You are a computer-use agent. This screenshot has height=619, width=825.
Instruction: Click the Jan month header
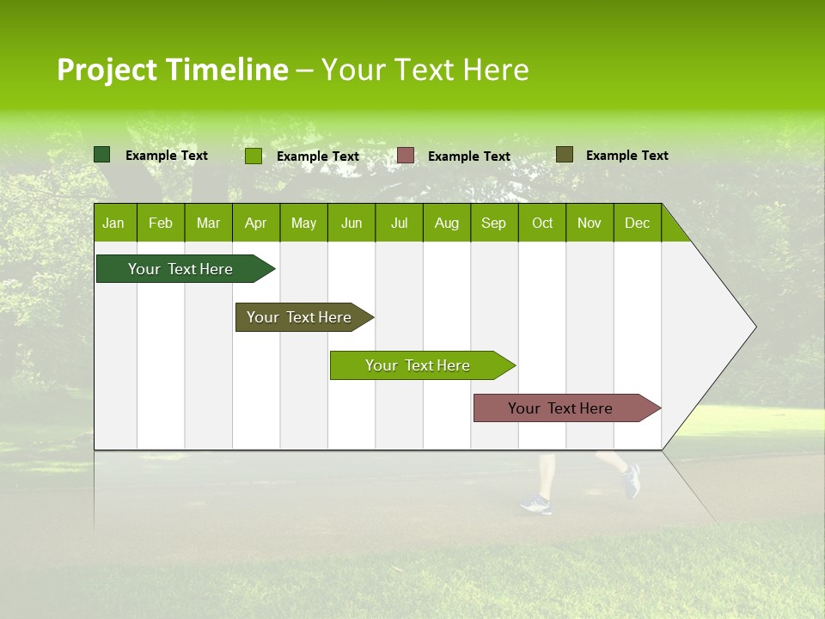click(113, 223)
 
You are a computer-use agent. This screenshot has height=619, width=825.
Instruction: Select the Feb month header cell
click(161, 223)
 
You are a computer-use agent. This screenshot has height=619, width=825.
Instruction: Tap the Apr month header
click(255, 223)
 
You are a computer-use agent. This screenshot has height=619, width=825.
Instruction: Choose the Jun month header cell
click(351, 223)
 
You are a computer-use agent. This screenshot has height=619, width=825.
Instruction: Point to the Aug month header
click(446, 223)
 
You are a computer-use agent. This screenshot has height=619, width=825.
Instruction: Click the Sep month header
click(493, 223)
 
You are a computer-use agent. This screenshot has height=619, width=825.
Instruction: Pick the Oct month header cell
click(542, 223)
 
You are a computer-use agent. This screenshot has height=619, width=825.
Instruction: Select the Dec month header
click(637, 223)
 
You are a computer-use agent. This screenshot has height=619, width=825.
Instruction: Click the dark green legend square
click(102, 155)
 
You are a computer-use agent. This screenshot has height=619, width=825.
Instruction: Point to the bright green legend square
click(254, 156)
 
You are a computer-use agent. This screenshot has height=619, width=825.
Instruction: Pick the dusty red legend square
click(406, 156)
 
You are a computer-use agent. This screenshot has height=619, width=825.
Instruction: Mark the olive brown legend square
click(564, 155)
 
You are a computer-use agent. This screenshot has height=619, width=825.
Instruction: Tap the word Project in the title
click(107, 70)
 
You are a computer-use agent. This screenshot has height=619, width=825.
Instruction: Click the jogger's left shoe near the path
click(535, 505)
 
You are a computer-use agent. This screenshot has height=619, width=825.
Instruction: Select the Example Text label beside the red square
click(468, 156)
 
